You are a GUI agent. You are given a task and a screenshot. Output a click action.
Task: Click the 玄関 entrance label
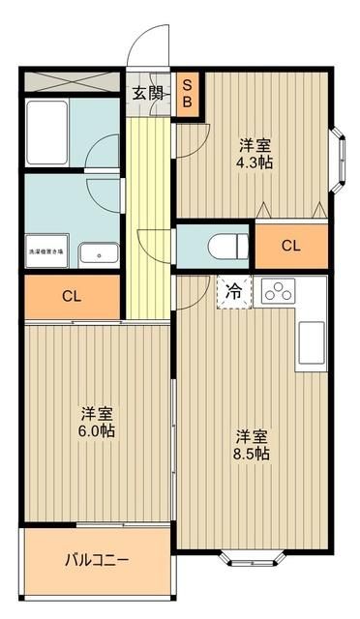tap(149, 95)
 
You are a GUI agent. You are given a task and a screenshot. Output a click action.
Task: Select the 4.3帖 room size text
tap(255, 154)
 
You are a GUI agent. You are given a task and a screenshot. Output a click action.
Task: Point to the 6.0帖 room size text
tap(97, 422)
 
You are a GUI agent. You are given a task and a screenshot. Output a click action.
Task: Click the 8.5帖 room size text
tap(252, 445)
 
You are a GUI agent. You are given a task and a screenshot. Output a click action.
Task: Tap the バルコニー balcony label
tap(97, 560)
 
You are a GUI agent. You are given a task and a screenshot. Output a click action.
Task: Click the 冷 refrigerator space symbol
tap(233, 290)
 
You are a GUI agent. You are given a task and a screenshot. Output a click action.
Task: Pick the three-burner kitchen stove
tap(278, 291)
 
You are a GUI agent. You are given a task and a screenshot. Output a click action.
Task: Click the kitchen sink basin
tap(312, 341)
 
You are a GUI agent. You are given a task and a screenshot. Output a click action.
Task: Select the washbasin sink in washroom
tap(97, 254)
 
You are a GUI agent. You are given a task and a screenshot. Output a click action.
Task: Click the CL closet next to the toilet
tap(290, 246)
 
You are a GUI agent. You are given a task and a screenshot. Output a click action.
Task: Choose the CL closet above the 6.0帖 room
tap(71, 296)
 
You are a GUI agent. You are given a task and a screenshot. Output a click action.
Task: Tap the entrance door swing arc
tap(145, 48)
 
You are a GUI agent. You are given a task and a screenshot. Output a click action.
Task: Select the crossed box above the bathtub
tap(70, 82)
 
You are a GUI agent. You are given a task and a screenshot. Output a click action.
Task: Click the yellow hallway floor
tap(149, 193)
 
